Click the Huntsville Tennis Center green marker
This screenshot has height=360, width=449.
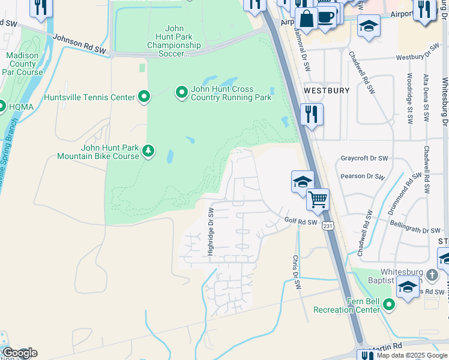(143, 97)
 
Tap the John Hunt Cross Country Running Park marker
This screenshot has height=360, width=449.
(181, 92)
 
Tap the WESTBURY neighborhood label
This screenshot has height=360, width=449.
(327, 91)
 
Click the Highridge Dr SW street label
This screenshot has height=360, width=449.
(211, 232)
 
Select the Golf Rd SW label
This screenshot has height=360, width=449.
(300, 221)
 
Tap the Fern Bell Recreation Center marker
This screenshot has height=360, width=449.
(389, 305)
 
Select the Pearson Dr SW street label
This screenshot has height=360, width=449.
(361, 176)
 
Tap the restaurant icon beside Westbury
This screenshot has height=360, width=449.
(312, 114)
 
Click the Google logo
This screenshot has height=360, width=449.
(19, 353)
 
